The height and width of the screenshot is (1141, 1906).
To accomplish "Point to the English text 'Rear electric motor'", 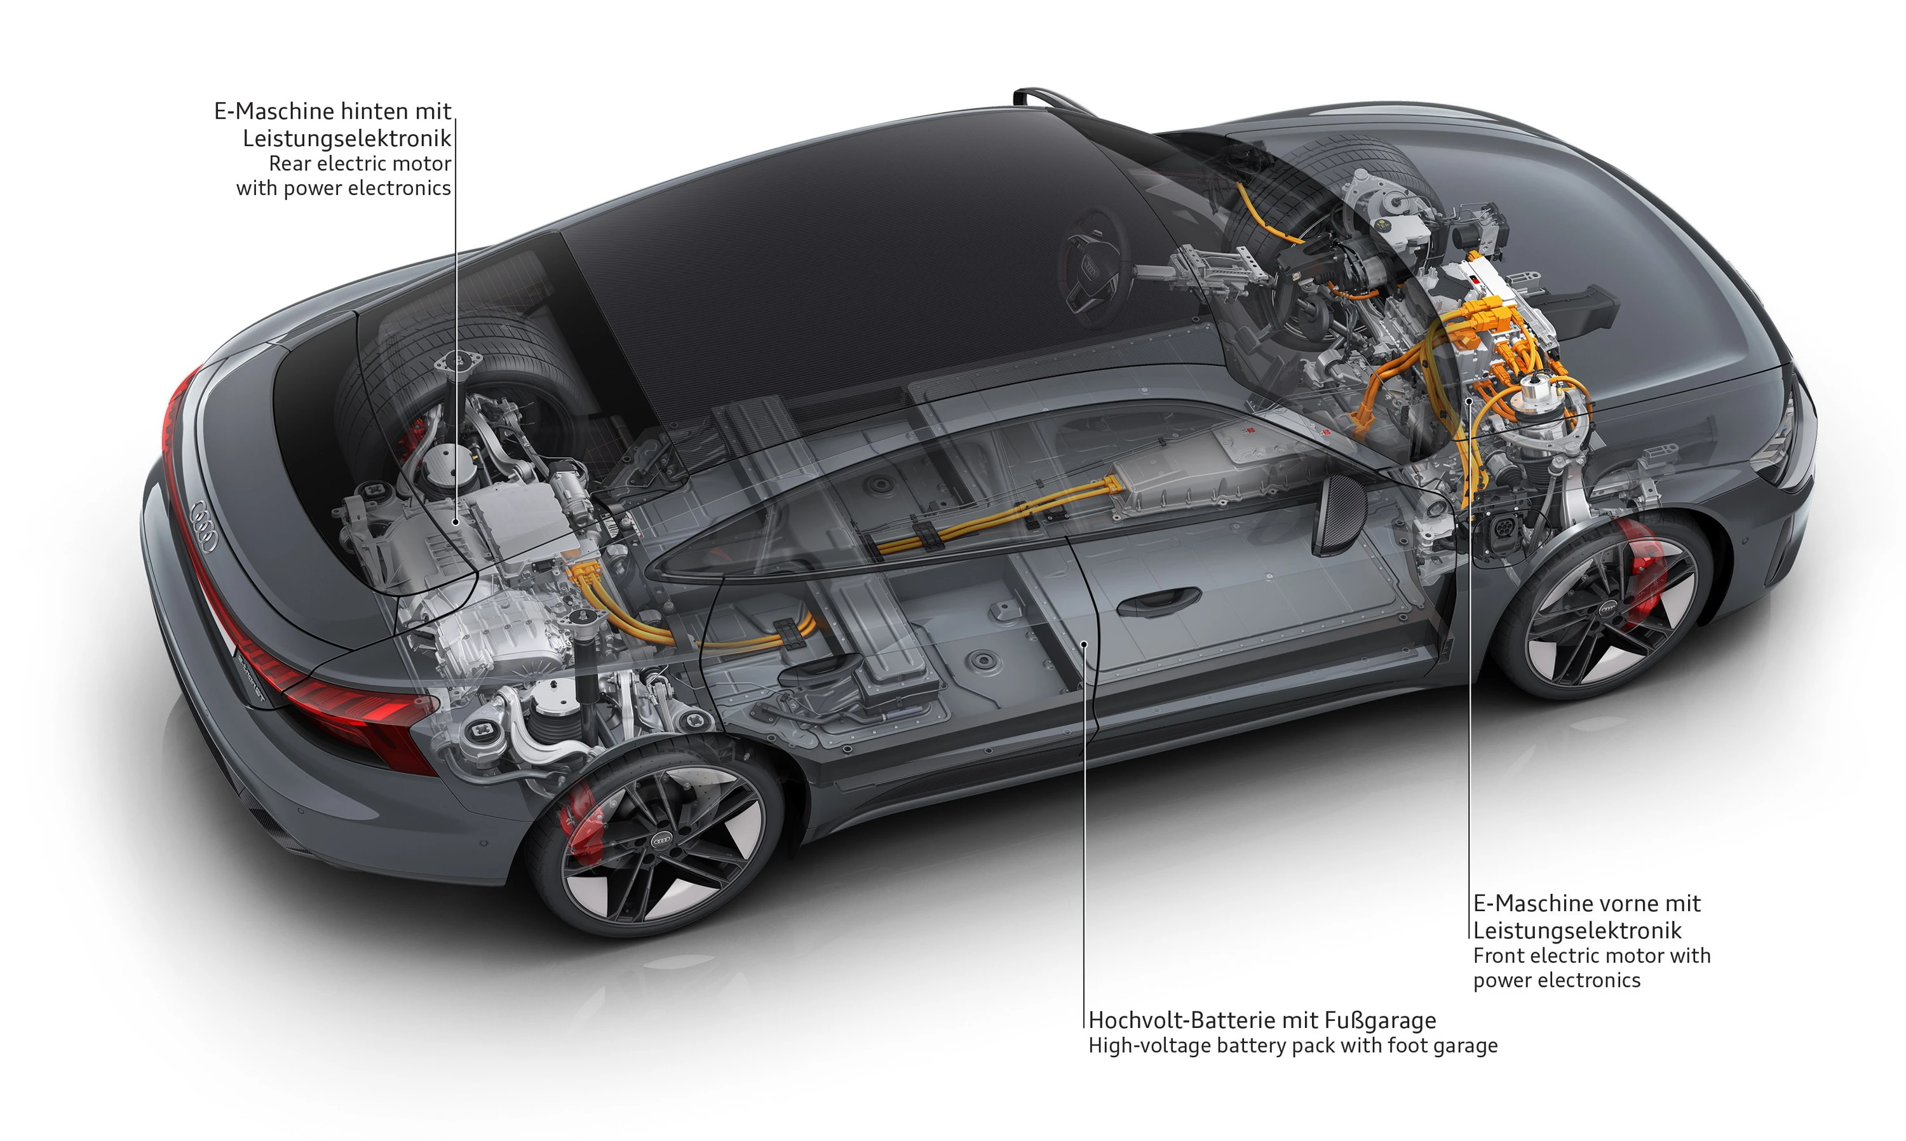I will click(x=359, y=164).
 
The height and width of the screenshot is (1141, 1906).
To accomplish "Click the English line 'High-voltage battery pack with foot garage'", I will click(x=1292, y=1046).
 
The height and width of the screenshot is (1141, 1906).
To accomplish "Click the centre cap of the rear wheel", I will click(x=662, y=841).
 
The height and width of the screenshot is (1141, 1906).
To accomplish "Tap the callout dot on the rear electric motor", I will click(x=456, y=522).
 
